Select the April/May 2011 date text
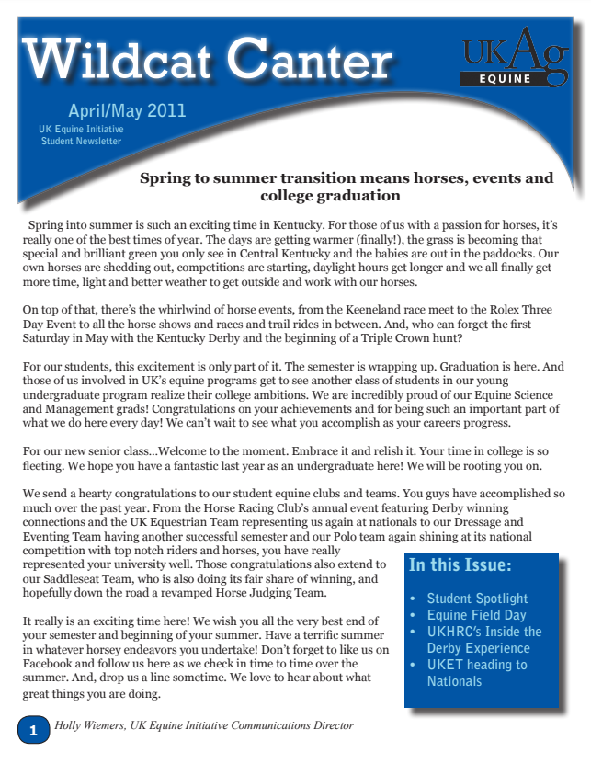(127, 111)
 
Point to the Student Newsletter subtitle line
(81, 142)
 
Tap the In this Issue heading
(460, 564)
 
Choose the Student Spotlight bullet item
(477, 599)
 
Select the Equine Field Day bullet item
(476, 615)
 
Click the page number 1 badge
(33, 732)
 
